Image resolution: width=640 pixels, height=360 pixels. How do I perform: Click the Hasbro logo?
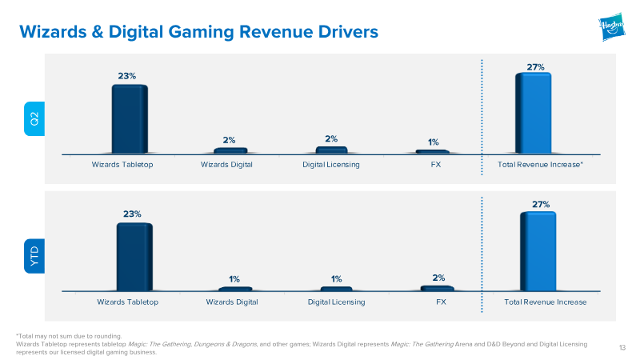611,27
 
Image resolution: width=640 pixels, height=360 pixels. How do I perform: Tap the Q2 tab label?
34,118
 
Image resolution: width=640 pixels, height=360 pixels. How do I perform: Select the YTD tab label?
34,256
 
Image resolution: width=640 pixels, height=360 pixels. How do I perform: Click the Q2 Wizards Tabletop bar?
130,119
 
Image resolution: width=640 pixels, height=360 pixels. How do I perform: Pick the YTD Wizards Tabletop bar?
134,257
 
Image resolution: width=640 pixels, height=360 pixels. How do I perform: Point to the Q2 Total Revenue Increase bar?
533,114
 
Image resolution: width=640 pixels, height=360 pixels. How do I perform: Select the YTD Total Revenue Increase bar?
538,251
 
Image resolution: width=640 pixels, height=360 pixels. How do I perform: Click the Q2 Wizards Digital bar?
230,150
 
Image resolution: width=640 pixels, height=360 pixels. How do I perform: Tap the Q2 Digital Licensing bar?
331,150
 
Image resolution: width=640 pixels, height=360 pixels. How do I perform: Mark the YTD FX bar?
437,288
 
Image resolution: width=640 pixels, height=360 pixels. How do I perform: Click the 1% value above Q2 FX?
434,142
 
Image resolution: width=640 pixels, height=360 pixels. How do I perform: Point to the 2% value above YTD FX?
438,278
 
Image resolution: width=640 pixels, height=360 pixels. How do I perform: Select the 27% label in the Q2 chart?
535,67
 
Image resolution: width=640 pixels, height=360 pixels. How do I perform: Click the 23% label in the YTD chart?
132,214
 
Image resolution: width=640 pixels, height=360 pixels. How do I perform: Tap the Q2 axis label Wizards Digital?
226,165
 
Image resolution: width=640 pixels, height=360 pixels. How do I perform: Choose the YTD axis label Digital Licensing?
336,302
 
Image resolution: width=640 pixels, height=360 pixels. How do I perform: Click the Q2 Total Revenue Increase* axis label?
540,165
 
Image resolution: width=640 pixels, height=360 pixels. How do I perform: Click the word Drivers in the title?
348,32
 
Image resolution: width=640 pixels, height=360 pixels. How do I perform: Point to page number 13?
622,348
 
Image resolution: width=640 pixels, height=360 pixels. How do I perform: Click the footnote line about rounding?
69,336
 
